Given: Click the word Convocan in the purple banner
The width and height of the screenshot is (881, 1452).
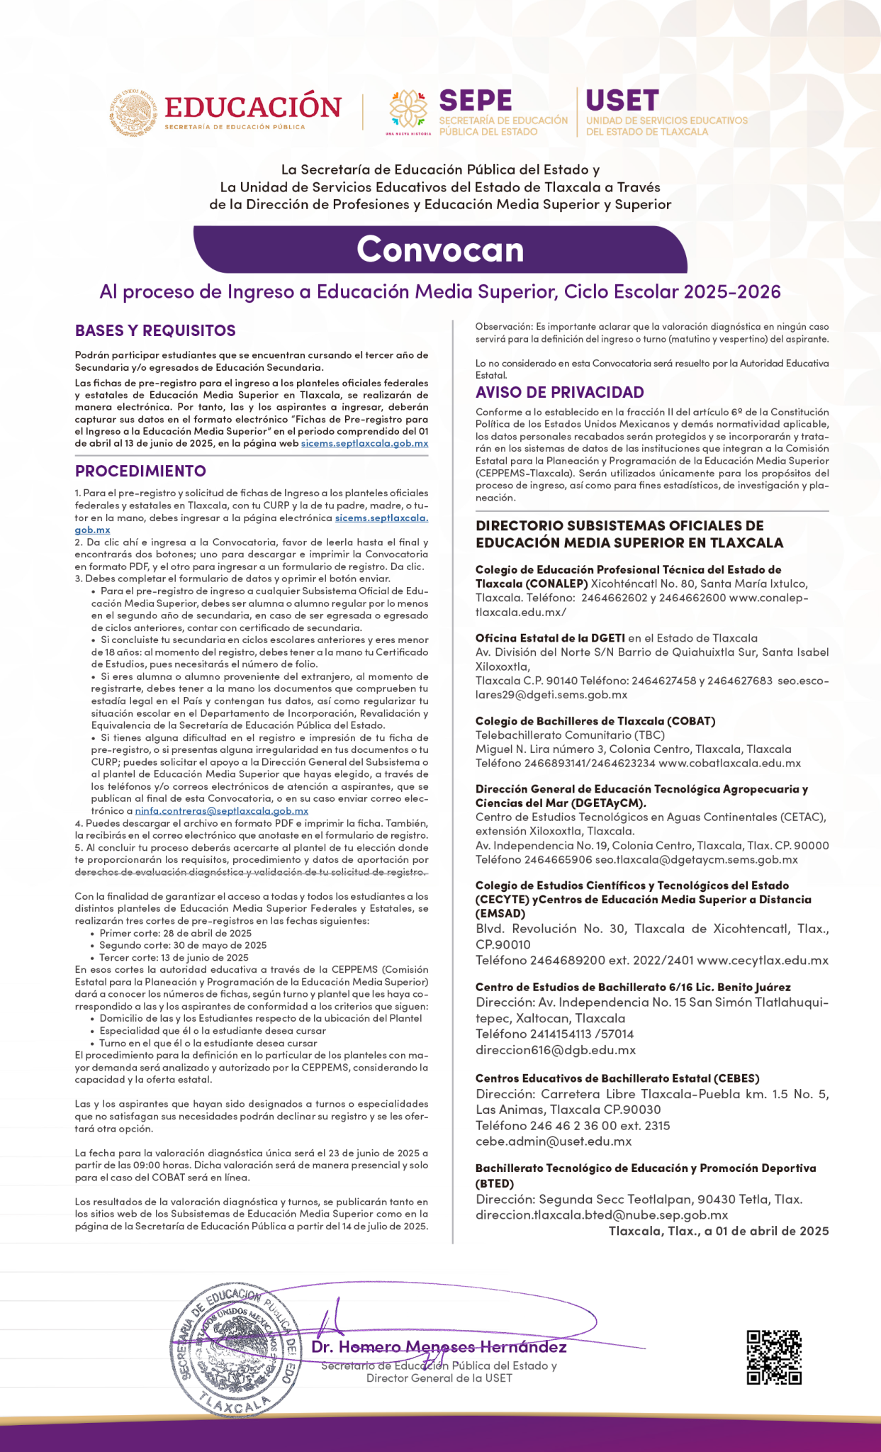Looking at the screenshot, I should [x=440, y=250].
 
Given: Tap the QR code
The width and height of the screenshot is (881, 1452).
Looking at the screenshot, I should [x=774, y=1357].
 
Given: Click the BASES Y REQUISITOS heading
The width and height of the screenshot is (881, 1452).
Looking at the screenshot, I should [x=155, y=330].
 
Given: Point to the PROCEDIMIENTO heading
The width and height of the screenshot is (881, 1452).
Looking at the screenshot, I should [x=140, y=471].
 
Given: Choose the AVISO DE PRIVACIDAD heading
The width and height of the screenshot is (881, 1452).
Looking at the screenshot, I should [x=559, y=392].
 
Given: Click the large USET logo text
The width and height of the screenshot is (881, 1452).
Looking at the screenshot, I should [x=622, y=101].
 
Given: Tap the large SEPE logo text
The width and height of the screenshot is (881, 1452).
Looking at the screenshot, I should [x=476, y=101].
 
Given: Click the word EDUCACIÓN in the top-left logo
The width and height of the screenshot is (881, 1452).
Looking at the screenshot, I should [x=252, y=107].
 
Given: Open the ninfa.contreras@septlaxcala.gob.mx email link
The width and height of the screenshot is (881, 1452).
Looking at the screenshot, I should [x=221, y=811].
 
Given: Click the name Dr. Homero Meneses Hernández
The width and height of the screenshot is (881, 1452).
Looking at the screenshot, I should [x=439, y=1347].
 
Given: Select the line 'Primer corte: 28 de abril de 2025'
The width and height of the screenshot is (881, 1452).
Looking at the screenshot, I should [x=175, y=933].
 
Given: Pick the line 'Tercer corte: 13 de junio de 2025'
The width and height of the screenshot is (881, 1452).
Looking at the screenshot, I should [x=174, y=958].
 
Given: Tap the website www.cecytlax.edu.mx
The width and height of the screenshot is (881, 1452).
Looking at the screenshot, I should [x=763, y=961].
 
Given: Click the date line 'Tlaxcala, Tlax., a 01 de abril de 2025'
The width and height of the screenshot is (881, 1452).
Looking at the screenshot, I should [x=718, y=1231].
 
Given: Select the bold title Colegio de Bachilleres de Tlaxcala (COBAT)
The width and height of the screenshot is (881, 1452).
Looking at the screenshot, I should [x=595, y=721].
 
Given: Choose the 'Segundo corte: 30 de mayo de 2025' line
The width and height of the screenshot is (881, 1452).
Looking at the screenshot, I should [x=183, y=945].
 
